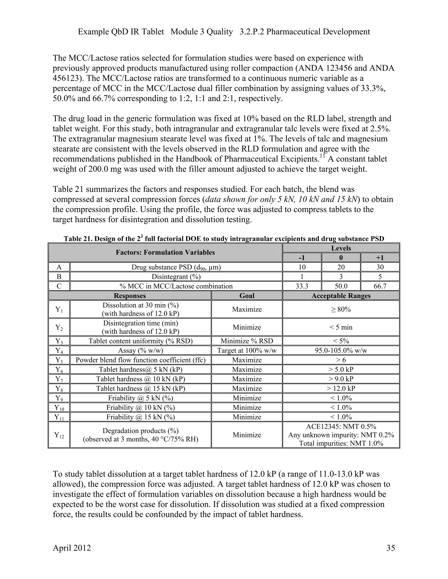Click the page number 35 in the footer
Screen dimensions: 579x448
point(390,548)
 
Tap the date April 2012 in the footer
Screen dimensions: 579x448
point(72,548)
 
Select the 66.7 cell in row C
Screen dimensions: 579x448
point(380,286)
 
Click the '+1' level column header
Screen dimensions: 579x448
point(380,257)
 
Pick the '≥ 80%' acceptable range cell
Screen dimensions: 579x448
point(341,309)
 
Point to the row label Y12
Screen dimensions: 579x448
point(59,435)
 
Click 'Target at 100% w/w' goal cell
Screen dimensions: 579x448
point(247,350)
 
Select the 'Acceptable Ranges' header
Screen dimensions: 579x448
point(341,296)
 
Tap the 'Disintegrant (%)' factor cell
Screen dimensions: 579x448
point(176,277)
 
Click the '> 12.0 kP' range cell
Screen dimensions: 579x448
point(341,388)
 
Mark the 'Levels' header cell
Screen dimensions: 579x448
point(341,248)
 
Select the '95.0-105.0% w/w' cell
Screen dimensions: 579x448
point(341,350)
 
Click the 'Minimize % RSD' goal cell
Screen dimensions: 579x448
point(247,341)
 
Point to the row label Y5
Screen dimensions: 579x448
point(59,360)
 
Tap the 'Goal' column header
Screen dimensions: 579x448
point(247,296)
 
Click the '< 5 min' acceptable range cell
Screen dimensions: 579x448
point(341,327)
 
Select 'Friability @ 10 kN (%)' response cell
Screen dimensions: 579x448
point(140,407)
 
